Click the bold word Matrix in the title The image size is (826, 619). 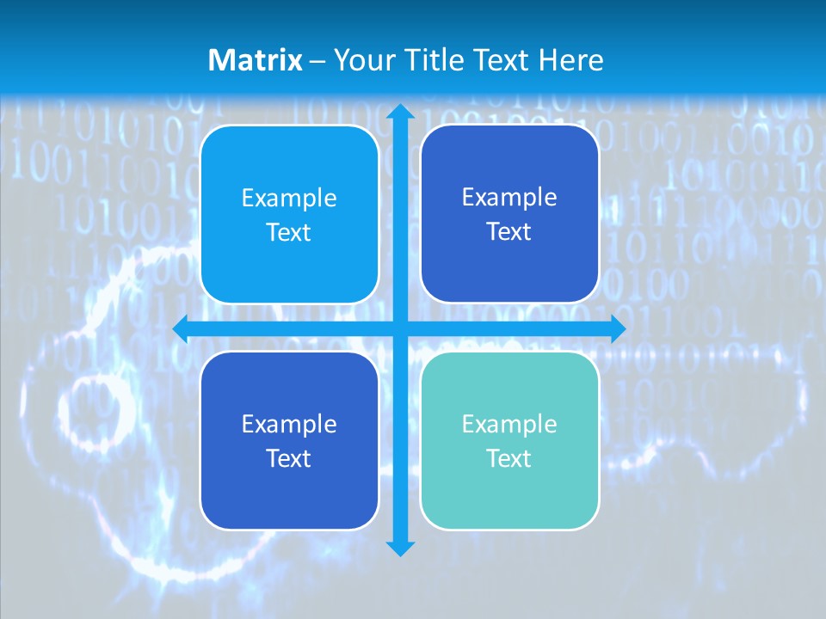(x=256, y=60)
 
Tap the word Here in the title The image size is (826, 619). (x=570, y=60)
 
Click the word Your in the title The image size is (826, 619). (x=359, y=60)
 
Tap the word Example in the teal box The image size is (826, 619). (x=509, y=424)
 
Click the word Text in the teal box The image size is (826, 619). (x=509, y=458)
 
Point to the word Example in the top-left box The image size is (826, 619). (x=289, y=198)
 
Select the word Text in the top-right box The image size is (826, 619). (x=509, y=231)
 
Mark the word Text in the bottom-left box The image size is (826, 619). (x=289, y=458)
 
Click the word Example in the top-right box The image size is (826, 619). (x=509, y=197)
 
